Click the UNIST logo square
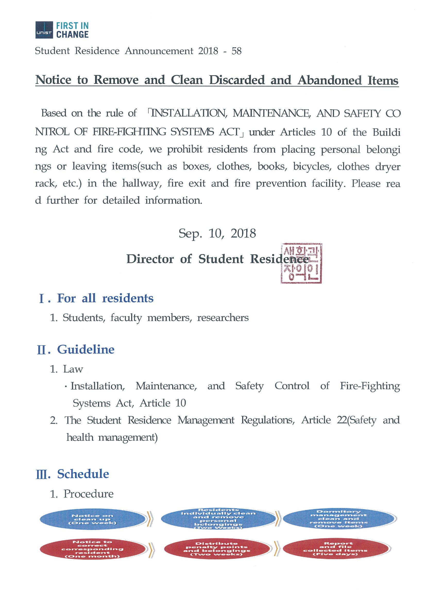click(44, 30)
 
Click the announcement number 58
click(236, 51)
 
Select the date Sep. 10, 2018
click(217, 233)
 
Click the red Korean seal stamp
click(301, 263)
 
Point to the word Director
click(150, 259)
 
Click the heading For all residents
click(105, 298)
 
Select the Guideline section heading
click(86, 350)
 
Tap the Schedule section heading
click(83, 474)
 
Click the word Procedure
click(88, 494)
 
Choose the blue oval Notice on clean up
click(92, 519)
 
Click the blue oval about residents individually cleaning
click(218, 519)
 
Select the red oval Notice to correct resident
click(92, 549)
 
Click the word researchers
click(223, 318)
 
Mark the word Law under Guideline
click(73, 369)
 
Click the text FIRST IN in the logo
click(72, 26)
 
